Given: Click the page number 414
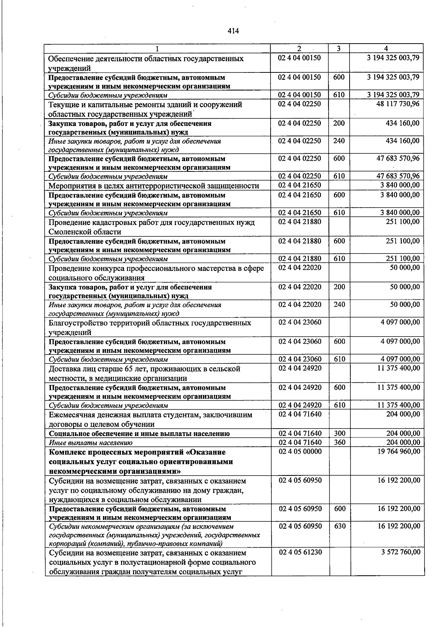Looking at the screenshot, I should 233,31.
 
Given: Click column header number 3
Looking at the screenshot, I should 339,48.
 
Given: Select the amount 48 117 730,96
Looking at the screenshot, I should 398,104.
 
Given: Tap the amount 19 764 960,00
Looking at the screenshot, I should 398,451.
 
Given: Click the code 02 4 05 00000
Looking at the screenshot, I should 300,451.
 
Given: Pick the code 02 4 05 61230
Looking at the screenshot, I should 300,552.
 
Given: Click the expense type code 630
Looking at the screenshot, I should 340,526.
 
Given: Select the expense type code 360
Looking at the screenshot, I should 340,442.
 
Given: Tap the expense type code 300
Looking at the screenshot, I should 340,433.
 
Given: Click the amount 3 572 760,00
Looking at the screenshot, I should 400,552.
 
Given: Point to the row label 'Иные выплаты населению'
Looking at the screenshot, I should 91,443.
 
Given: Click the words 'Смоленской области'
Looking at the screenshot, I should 85,232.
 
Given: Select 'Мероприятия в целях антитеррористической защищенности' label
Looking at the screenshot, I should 154,186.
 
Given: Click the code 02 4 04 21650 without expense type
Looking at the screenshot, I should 300,185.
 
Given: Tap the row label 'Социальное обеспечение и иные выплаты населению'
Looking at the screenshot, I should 139,434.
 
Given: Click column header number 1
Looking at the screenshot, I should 157,48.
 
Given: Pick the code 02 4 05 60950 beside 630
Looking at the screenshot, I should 300,526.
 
